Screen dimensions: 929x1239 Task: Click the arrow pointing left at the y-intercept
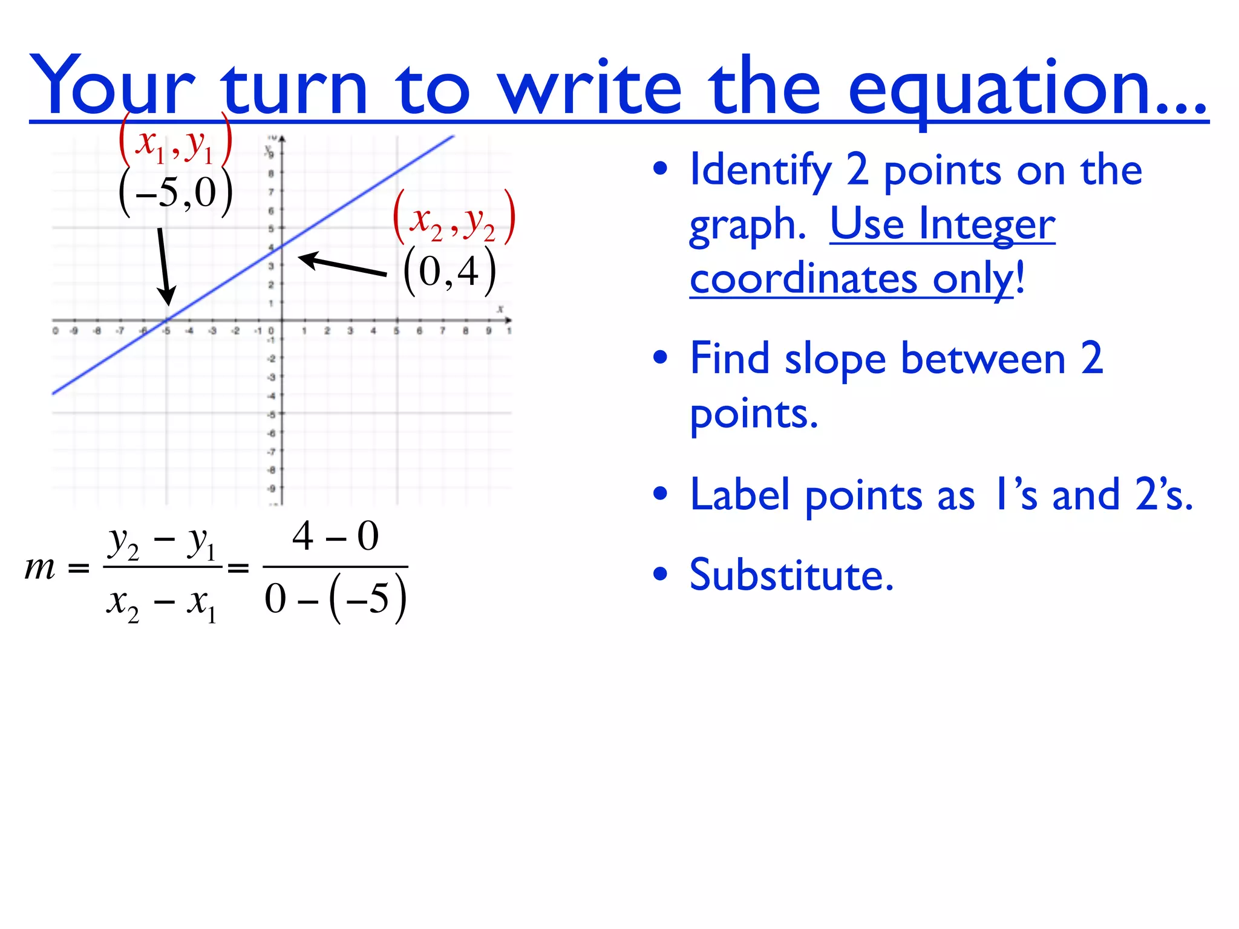coord(342,266)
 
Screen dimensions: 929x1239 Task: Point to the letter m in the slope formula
coord(40,568)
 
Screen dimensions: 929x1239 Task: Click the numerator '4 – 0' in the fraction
coord(335,536)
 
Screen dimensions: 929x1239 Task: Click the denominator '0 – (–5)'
coord(335,598)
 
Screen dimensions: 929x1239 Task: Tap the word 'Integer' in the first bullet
coord(987,224)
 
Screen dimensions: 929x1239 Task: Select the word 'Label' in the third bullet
coord(739,495)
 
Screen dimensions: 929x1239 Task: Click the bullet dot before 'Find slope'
coord(660,357)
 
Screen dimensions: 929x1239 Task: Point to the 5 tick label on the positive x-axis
coord(396,331)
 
